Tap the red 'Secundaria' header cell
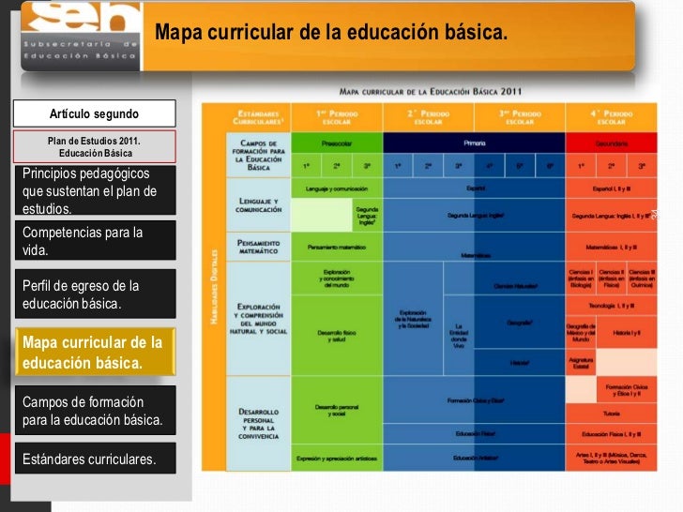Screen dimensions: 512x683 tap(612, 143)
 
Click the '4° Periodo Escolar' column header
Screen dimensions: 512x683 tap(612, 115)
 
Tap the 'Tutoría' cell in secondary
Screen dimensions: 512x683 tap(612, 413)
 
